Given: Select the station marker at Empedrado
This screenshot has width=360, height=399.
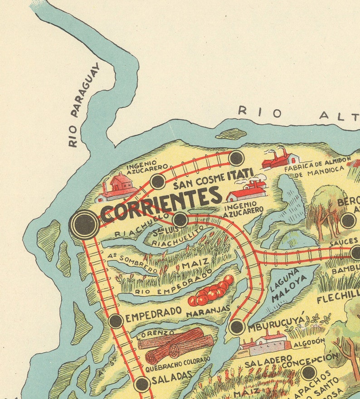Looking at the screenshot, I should pyautogui.click(x=116, y=321).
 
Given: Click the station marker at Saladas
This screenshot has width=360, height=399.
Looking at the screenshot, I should pyautogui.click(x=142, y=384).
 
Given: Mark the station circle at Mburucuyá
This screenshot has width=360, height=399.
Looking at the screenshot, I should pyautogui.click(x=237, y=326).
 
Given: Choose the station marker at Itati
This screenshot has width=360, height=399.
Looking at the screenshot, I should pyautogui.click(x=236, y=158).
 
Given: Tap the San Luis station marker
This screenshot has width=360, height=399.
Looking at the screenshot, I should pyautogui.click(x=180, y=220).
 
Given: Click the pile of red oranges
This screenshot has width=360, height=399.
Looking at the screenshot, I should pyautogui.click(x=211, y=291).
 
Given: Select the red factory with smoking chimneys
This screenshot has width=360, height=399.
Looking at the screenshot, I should pyautogui.click(x=281, y=159).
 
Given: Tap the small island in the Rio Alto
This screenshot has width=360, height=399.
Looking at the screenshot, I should pyautogui.click(x=231, y=134).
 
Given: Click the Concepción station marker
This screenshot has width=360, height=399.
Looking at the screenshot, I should pyautogui.click(x=308, y=373).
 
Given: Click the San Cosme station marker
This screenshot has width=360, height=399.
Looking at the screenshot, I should pyautogui.click(x=157, y=181).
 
